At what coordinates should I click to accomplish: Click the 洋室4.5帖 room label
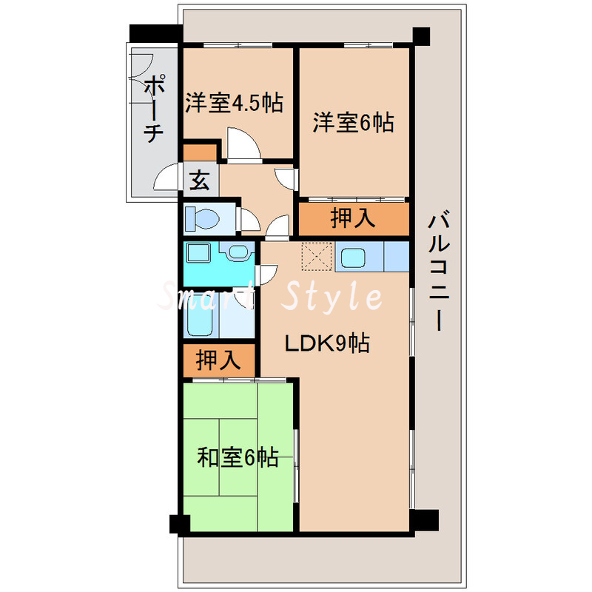tap(234, 102)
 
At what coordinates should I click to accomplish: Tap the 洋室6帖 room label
tap(352, 122)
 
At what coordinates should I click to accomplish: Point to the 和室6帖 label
tap(238, 458)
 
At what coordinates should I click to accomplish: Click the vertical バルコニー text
tap(440, 271)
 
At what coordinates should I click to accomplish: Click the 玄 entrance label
tap(198, 180)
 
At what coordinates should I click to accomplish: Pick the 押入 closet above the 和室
tap(218, 360)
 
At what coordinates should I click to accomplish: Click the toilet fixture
tap(203, 218)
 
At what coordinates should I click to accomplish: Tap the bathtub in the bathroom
tap(200, 318)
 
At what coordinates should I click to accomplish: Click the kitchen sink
tap(351, 258)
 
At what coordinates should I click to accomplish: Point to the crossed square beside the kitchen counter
tap(316, 257)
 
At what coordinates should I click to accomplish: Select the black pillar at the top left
tap(155, 34)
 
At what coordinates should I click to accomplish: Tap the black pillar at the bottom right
tap(425, 519)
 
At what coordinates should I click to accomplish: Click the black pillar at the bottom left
tap(178, 524)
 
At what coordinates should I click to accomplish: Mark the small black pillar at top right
tap(421, 36)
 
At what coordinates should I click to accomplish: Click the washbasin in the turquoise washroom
tap(238, 254)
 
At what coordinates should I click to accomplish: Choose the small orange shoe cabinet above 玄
tap(199, 154)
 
